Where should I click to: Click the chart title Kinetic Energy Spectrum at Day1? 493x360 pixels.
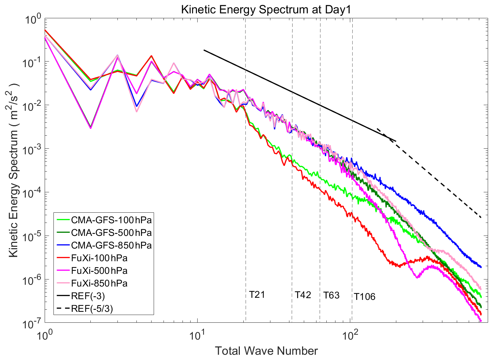266,9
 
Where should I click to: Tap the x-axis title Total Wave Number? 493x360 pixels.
266,351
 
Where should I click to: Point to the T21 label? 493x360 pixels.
257,294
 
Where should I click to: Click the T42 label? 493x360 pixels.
303,295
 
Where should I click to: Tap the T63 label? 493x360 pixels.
332,295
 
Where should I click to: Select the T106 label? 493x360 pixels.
365,297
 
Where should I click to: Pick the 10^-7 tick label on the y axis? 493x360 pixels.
32,323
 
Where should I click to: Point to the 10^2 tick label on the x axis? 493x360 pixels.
350,335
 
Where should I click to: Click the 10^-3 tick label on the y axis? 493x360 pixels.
32,150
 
